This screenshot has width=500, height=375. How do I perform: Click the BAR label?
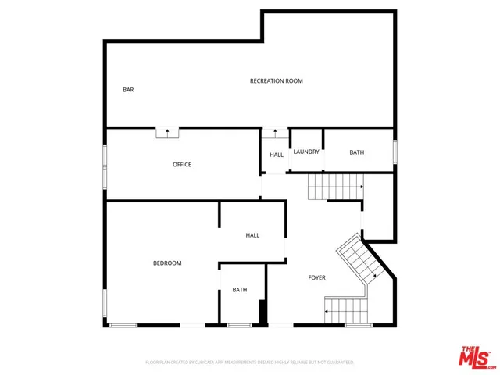[128, 90]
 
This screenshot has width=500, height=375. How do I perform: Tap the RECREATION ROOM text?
[276, 81]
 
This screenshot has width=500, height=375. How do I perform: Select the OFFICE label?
[182, 165]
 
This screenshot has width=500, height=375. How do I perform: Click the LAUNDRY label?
[306, 152]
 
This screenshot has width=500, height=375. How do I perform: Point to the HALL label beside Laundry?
[277, 155]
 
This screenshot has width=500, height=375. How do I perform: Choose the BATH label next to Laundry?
[356, 152]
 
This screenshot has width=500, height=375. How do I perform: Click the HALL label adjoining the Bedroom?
[252, 235]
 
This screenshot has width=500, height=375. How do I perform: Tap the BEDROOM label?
[166, 263]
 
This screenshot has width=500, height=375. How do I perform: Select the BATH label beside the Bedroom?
[239, 291]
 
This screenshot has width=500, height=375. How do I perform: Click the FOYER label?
[316, 277]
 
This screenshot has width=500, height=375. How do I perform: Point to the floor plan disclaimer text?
[250, 362]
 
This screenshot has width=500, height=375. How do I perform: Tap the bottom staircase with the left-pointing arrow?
[345, 310]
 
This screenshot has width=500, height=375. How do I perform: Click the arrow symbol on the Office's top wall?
[167, 132]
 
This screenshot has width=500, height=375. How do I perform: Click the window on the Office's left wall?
[105, 166]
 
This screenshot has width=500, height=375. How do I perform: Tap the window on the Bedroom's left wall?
[105, 302]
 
